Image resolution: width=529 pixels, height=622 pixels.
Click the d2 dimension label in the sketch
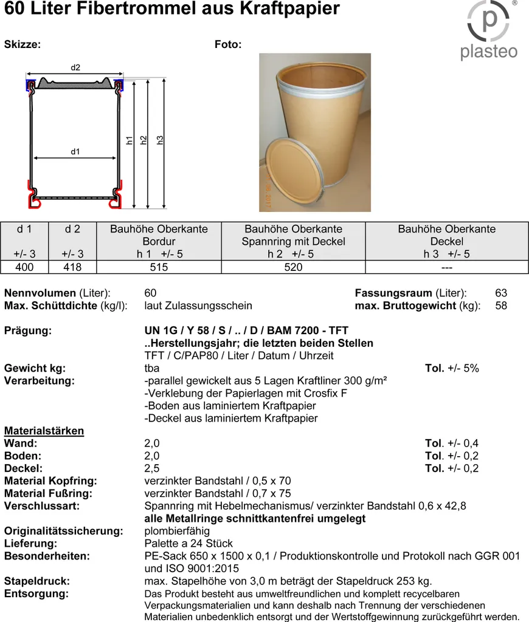tap(75, 67)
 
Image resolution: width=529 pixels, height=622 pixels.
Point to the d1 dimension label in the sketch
tap(75, 152)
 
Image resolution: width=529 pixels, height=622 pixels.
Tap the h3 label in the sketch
tap(161, 140)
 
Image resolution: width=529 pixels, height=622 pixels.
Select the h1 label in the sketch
tap(130, 140)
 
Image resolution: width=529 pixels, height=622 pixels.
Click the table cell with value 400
tap(24, 267)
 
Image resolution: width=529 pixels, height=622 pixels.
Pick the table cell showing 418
tap(72, 267)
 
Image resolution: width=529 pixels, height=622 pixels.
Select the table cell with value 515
tap(159, 267)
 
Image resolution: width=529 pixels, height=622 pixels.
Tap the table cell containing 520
tap(293, 267)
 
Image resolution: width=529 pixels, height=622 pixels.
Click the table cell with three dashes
tap(446, 267)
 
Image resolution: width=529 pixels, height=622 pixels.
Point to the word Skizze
tap(22, 44)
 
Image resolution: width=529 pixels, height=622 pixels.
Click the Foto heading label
tap(228, 44)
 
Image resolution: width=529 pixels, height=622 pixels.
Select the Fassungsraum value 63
tap(501, 293)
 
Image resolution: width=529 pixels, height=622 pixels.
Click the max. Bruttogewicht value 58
tap(501, 306)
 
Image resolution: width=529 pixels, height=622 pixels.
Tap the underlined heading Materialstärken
tap(44, 431)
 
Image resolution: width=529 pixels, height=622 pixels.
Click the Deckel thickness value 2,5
tap(152, 468)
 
